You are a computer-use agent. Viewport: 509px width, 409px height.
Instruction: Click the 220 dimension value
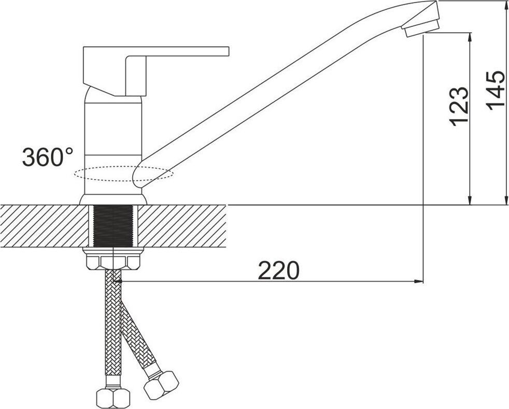coord(278,270)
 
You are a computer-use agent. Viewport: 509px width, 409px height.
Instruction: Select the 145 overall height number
coord(496,90)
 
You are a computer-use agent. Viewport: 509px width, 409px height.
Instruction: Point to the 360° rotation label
coord(47,157)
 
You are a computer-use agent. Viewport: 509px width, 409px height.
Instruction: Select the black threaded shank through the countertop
coord(113,225)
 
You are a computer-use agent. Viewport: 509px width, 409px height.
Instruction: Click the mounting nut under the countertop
coord(113,259)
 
